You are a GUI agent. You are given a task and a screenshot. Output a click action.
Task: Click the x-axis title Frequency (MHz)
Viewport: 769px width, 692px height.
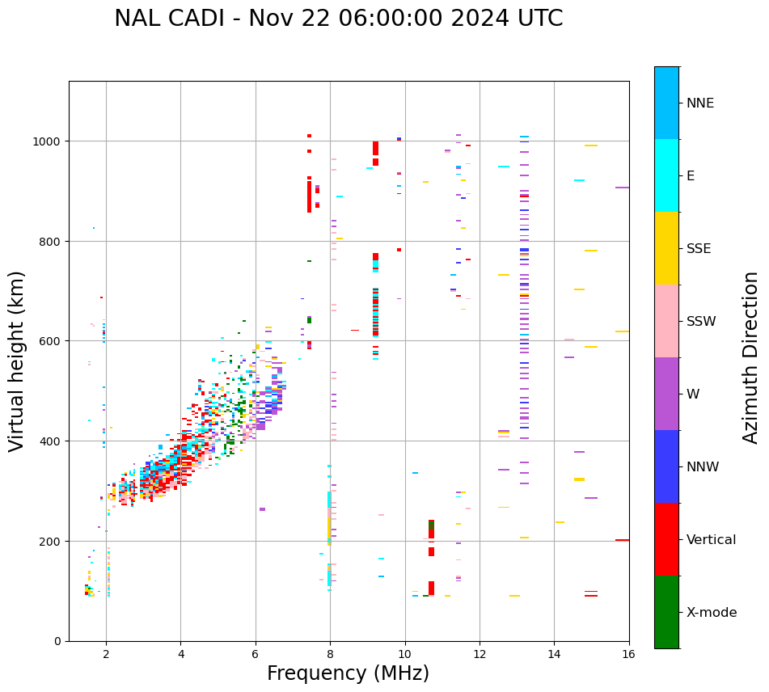[348, 673]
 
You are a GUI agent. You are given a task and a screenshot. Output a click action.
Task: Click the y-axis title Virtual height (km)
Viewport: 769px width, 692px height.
[17, 361]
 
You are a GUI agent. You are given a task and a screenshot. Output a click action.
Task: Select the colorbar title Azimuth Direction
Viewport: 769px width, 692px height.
[751, 357]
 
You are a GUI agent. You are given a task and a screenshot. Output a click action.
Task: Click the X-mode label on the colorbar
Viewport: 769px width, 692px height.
[711, 613]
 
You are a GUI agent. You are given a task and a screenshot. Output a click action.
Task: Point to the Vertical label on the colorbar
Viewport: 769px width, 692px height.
[711, 540]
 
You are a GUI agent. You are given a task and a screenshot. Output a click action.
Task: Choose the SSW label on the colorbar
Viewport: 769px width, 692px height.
[701, 321]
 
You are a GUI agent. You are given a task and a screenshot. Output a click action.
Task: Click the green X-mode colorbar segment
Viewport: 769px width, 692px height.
[666, 612]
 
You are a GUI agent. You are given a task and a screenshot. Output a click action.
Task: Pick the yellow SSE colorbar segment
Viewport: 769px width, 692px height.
[666, 248]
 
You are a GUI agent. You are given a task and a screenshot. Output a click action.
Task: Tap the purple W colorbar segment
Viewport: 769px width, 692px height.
[666, 394]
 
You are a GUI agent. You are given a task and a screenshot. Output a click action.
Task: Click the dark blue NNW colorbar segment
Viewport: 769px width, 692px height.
[666, 466]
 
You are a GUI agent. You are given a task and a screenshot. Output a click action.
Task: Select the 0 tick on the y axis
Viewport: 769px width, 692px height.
[58, 641]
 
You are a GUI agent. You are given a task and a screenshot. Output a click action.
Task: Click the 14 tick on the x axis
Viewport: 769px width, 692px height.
[554, 654]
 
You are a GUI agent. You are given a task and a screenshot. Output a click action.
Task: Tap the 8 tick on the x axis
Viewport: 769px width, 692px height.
[330, 654]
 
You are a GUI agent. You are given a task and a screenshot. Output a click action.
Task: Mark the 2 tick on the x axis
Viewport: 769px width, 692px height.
[106, 654]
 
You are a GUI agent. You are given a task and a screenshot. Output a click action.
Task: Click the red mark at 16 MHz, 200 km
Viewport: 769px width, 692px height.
[622, 540]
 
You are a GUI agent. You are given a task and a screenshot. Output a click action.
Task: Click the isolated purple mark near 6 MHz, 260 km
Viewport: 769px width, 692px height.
[262, 509]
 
